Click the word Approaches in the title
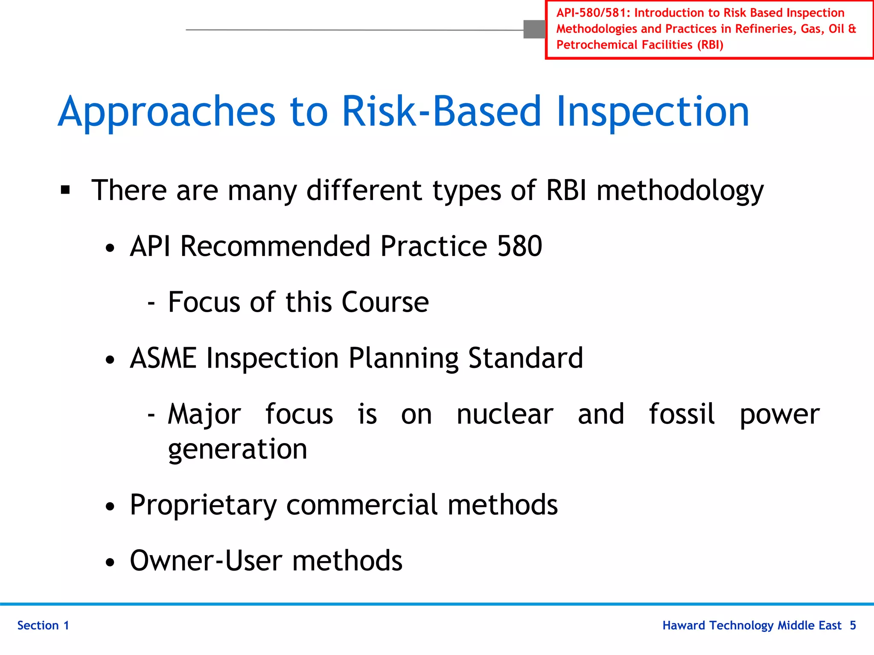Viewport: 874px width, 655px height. [166, 112]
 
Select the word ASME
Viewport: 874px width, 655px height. [163, 358]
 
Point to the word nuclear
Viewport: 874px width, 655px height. [504, 414]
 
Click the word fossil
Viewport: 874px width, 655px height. [682, 414]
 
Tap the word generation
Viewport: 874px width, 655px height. [237, 449]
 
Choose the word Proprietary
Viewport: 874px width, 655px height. [203, 505]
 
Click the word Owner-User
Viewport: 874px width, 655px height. [206, 560]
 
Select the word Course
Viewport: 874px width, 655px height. [385, 302]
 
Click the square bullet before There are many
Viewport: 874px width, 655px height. [65, 190]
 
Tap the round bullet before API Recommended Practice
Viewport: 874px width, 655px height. [110, 248]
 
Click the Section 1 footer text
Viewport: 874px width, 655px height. [43, 625]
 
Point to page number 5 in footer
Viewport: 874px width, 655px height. [853, 625]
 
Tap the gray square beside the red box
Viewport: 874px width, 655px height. [534, 29]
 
